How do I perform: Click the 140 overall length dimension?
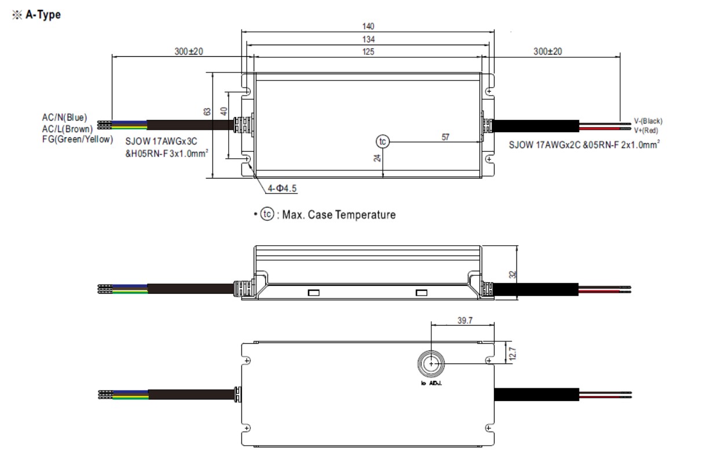tap(368, 26)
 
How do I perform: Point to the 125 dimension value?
tap(368, 52)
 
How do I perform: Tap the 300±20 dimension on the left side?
tap(189, 52)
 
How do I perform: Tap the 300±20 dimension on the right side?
tap(547, 52)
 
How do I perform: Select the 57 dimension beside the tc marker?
tap(445, 137)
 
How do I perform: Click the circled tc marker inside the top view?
tap(382, 141)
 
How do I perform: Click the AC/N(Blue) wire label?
tap(64, 118)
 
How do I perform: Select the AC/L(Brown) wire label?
tap(67, 129)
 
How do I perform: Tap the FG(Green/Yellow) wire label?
tap(77, 139)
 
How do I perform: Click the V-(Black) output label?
tap(648, 121)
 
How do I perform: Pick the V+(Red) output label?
tap(646, 130)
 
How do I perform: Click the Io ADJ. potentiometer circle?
tap(431, 363)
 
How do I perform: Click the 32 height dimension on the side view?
tap(512, 274)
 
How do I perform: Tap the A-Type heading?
tap(42, 15)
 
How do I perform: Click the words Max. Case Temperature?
tap(339, 215)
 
